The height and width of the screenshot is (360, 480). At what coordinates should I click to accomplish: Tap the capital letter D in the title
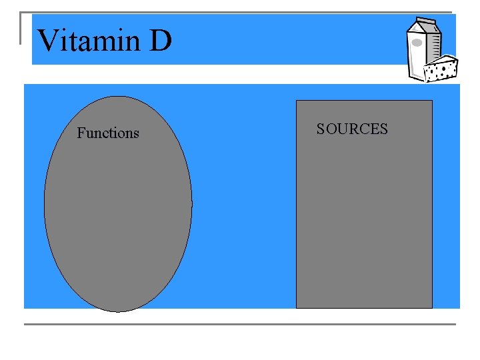[x=161, y=41]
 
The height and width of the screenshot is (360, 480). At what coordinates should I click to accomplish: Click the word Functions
[x=108, y=133]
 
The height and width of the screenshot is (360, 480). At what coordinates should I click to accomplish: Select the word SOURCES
[x=352, y=129]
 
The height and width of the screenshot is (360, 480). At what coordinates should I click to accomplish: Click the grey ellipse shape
[x=118, y=213]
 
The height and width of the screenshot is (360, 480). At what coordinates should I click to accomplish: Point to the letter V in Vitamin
[x=47, y=41]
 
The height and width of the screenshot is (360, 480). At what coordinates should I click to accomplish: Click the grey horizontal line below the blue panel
[x=240, y=324]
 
